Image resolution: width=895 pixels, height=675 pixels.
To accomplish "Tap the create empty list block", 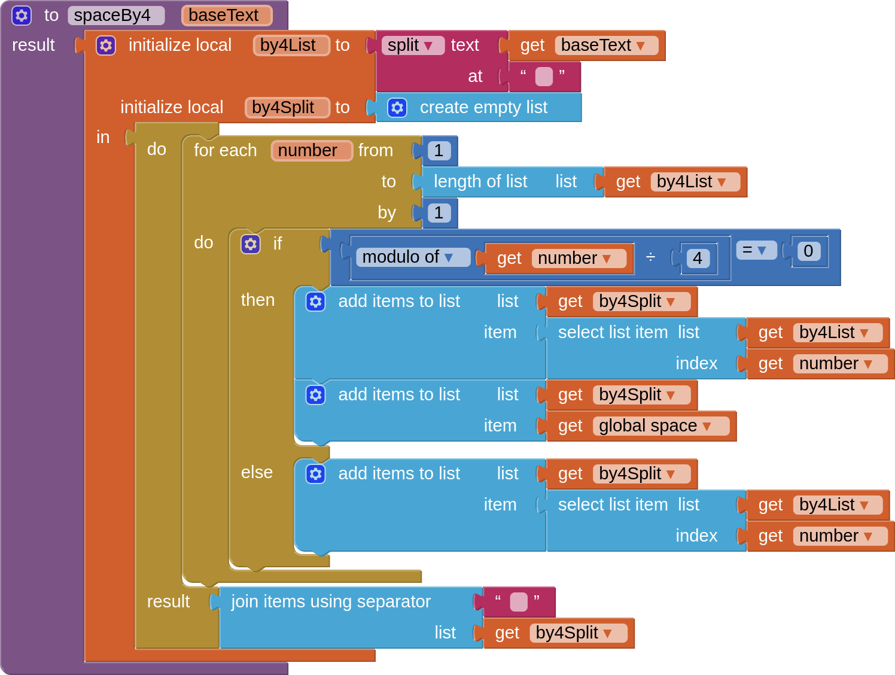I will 483,108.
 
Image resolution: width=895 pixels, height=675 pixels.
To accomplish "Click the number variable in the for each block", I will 310,151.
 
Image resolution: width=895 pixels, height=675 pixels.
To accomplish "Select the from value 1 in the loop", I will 439,151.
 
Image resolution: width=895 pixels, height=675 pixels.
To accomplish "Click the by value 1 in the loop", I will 439,213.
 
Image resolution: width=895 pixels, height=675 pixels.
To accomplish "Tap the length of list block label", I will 480,182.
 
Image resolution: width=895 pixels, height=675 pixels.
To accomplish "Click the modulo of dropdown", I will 412,257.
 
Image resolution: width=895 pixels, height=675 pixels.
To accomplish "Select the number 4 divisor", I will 698,259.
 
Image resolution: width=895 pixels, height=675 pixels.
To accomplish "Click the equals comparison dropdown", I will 756,250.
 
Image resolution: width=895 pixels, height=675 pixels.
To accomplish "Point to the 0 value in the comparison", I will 808,251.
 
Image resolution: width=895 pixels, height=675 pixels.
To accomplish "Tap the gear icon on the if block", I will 251,244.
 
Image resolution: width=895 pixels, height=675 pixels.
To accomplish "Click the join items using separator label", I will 330,602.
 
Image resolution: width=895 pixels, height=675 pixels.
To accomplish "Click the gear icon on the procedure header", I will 22,16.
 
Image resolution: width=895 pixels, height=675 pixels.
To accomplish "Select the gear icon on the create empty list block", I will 397,108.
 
